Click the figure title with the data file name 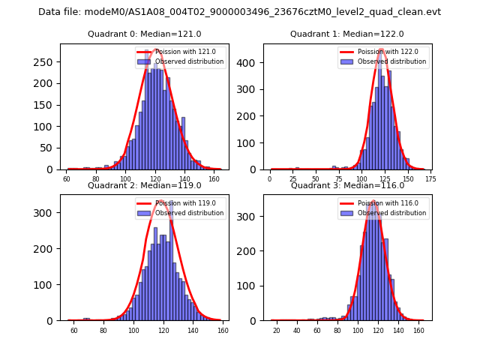[239, 12]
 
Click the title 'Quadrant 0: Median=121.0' [145, 34]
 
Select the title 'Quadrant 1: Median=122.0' [347, 34]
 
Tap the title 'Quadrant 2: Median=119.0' [145, 185]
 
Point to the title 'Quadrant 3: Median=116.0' [347, 185]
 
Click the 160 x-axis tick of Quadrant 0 [214, 180]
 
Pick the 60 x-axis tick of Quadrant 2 [74, 331]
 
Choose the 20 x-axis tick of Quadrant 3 [276, 331]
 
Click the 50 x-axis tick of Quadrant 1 [316, 180]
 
